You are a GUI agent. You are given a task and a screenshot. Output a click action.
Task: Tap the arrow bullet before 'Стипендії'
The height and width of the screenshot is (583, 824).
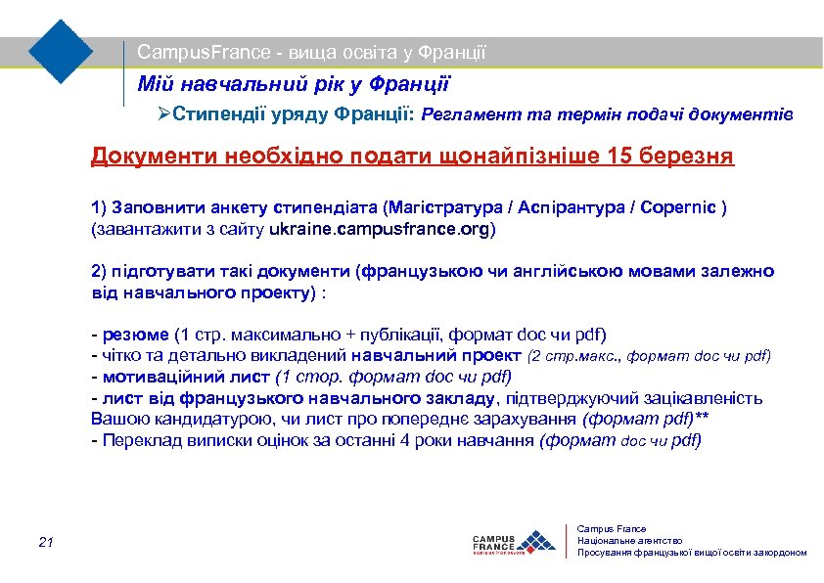coord(164,115)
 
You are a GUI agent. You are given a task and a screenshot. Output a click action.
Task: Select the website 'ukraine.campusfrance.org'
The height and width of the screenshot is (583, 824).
coord(393,230)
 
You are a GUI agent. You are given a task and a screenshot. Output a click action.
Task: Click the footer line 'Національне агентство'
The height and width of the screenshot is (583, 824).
coord(630,541)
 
